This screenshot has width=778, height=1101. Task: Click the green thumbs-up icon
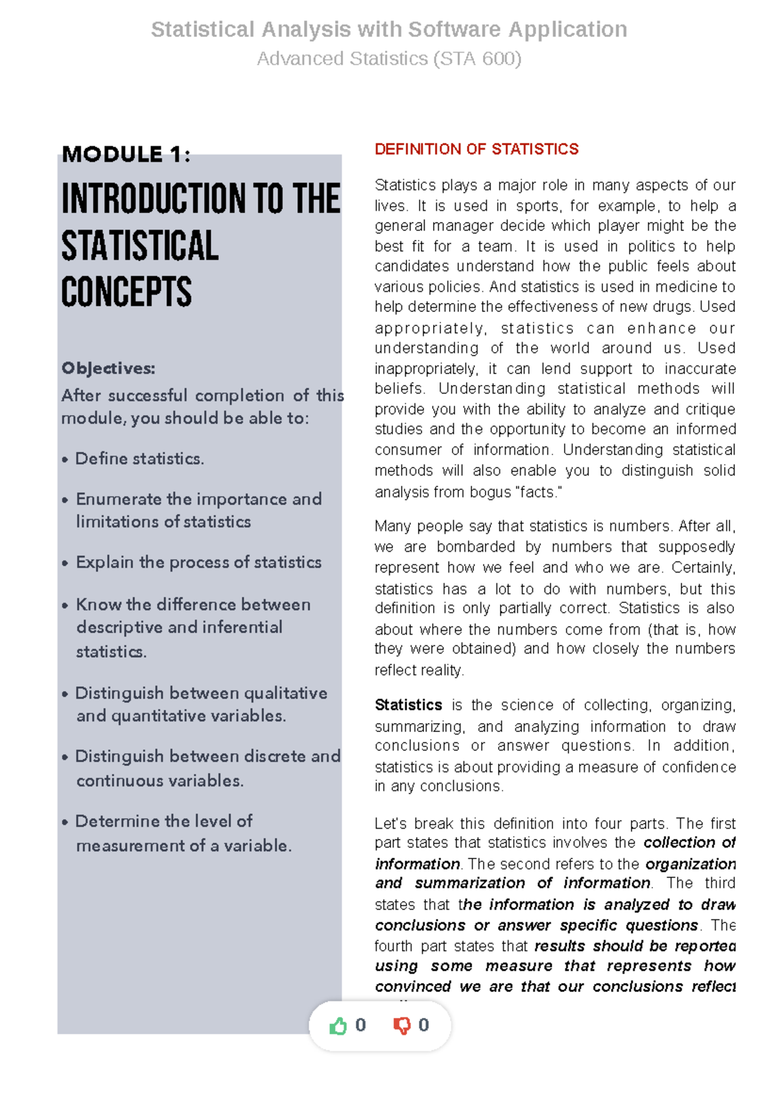338,1026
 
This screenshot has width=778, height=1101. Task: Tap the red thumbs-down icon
402,1026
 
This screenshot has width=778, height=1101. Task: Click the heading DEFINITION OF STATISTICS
477,149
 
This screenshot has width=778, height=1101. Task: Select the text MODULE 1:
126,154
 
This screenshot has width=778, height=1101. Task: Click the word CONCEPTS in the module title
126,292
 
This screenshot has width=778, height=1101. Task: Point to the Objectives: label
108,368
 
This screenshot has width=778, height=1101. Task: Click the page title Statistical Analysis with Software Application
389,30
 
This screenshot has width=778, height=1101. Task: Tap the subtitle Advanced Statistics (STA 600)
389,59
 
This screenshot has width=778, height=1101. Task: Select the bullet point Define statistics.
139,458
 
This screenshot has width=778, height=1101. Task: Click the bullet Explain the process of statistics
198,562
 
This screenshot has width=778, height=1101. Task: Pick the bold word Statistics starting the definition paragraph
408,705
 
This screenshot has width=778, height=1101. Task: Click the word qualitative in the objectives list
285,693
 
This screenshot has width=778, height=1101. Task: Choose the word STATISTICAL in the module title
140,246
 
